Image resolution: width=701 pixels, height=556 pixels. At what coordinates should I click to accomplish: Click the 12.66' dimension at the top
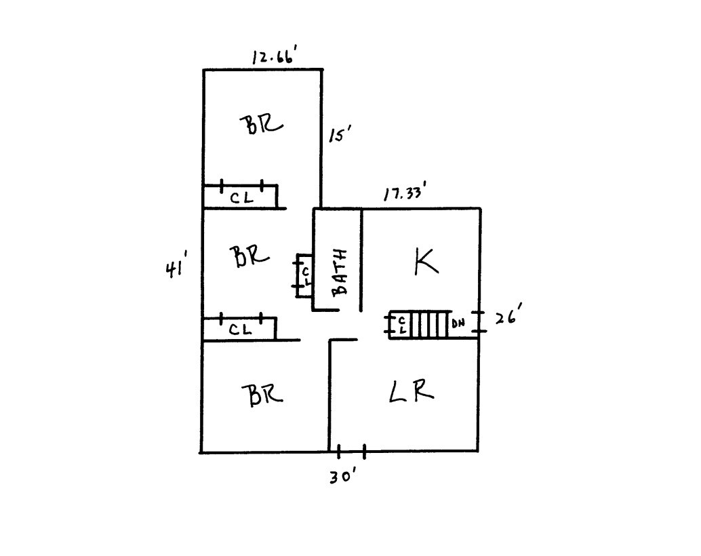pyautogui.click(x=275, y=57)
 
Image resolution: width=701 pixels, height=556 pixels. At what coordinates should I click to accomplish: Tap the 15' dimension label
pyautogui.click(x=340, y=134)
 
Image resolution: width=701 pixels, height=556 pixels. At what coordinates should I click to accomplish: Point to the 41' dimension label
pyautogui.click(x=176, y=269)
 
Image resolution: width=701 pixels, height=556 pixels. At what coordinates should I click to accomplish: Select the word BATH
pyautogui.click(x=340, y=272)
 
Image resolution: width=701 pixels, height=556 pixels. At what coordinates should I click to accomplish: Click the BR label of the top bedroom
pyautogui.click(x=261, y=124)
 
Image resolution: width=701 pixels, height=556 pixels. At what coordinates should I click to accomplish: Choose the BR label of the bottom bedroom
pyautogui.click(x=262, y=394)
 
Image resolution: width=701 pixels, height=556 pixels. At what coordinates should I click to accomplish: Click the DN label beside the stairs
pyautogui.click(x=458, y=323)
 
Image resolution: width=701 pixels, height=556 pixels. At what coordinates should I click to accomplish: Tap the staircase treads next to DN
pyautogui.click(x=428, y=325)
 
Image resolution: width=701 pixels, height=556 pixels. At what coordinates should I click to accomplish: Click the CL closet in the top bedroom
pyautogui.click(x=241, y=197)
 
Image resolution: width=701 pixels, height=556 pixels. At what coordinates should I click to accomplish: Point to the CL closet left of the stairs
pyautogui.click(x=399, y=325)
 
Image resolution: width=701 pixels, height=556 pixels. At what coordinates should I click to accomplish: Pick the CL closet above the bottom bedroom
pyautogui.click(x=239, y=330)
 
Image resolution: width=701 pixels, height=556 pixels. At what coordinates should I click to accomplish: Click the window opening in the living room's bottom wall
pyautogui.click(x=351, y=452)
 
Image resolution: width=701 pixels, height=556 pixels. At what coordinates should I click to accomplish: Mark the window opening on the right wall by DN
pyautogui.click(x=479, y=322)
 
